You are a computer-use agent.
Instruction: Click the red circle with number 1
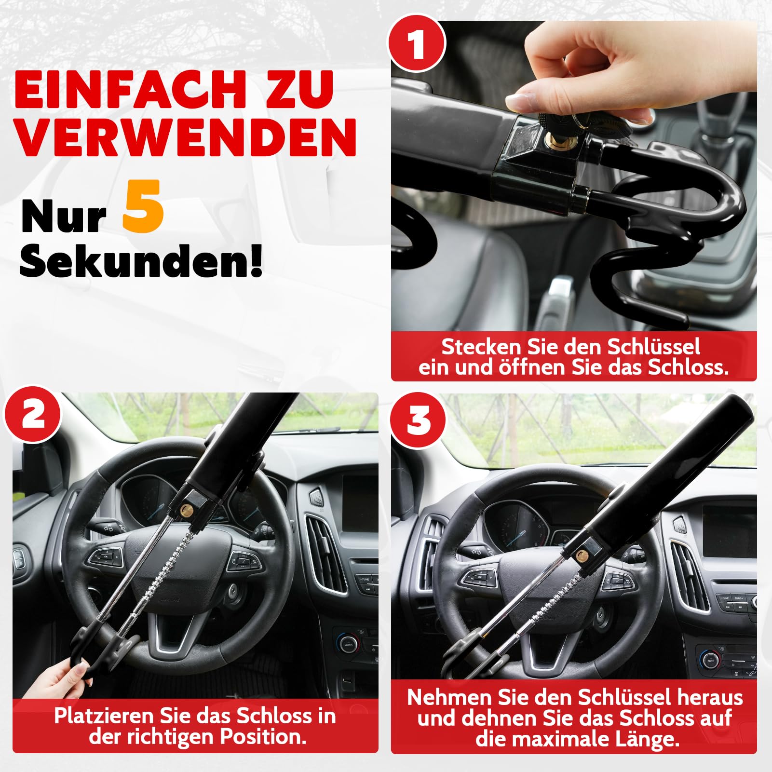pos(417,43)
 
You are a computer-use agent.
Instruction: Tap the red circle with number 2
pos(33,414)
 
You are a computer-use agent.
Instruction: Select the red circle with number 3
pos(418,420)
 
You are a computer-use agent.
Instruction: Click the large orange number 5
pos(143,206)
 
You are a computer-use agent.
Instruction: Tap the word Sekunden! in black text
pos(141,260)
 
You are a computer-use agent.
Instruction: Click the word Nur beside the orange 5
pos(63,217)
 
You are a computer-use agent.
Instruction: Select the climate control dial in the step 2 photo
pos(348,644)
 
